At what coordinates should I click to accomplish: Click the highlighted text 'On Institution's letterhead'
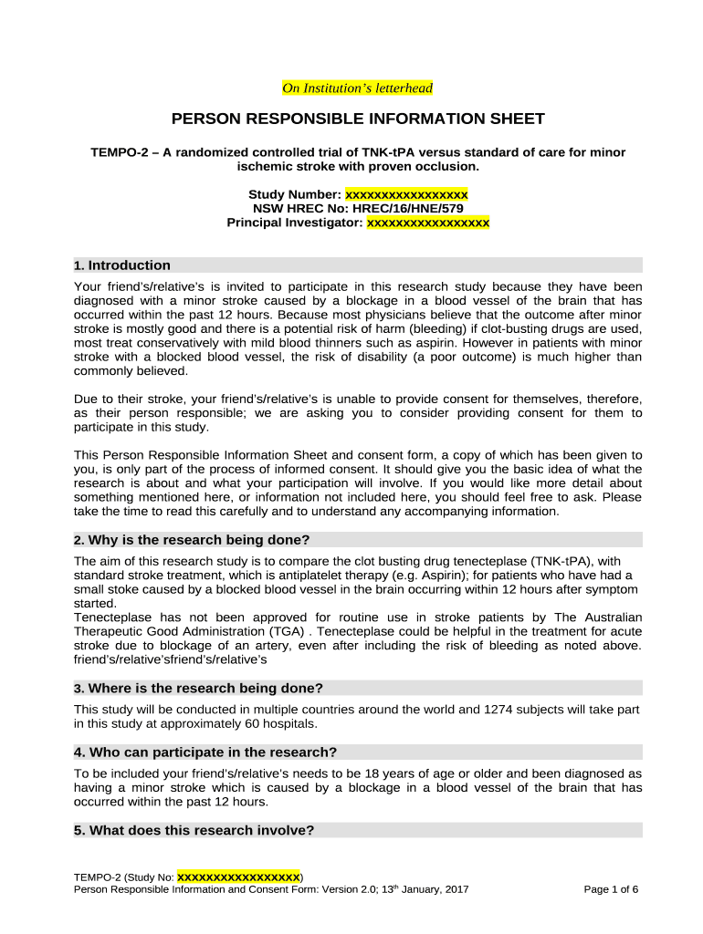pyautogui.click(x=357, y=88)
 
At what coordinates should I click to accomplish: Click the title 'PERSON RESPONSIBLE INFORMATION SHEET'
pyautogui.click(x=358, y=119)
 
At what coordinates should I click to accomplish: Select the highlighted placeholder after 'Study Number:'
pyautogui.click(x=406, y=194)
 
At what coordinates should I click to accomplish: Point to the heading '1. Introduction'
pyautogui.click(x=122, y=265)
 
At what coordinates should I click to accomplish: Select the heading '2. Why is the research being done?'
pyautogui.click(x=192, y=539)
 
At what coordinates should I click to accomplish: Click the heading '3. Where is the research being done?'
pyautogui.click(x=198, y=688)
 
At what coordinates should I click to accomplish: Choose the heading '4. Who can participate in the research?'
pyautogui.click(x=205, y=752)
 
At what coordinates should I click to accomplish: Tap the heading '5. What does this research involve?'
pyautogui.click(x=194, y=831)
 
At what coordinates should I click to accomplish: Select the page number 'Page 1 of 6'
pyautogui.click(x=610, y=889)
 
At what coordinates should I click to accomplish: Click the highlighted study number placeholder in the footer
pyautogui.click(x=238, y=877)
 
